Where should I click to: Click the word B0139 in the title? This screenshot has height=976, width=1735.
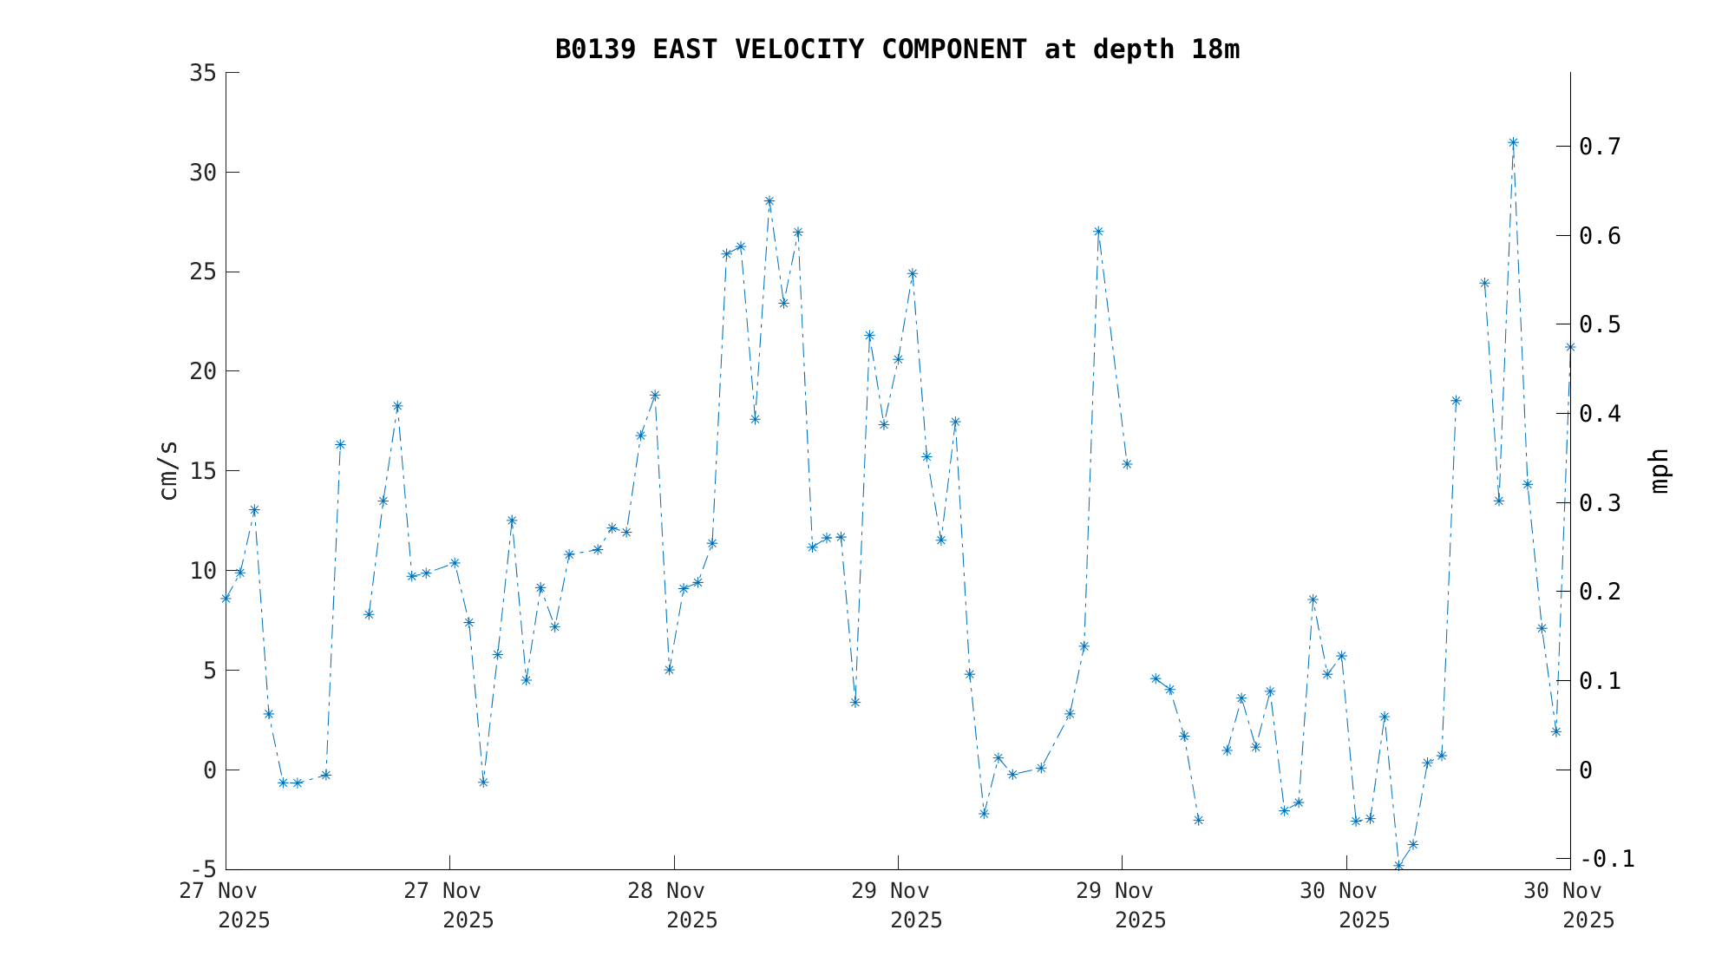click(x=595, y=50)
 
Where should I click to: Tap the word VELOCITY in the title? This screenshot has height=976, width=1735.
click(x=799, y=50)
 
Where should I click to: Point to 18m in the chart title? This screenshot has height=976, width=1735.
click(x=1215, y=50)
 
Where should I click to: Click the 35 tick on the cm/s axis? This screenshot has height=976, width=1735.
click(x=202, y=73)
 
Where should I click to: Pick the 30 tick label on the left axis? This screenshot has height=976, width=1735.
click(x=202, y=173)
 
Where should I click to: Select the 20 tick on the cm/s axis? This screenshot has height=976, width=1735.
click(x=202, y=371)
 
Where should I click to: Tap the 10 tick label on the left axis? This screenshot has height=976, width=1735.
click(x=202, y=571)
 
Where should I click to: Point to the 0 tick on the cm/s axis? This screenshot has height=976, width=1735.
click(x=209, y=770)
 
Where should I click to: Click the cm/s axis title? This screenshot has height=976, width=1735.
click(x=168, y=470)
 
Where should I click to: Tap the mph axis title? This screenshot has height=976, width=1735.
click(x=1659, y=470)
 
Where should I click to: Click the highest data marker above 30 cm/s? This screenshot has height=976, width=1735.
click(x=1513, y=143)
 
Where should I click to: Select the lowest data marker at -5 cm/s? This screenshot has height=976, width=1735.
click(x=1398, y=866)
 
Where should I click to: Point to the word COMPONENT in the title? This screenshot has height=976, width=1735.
click(x=953, y=50)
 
